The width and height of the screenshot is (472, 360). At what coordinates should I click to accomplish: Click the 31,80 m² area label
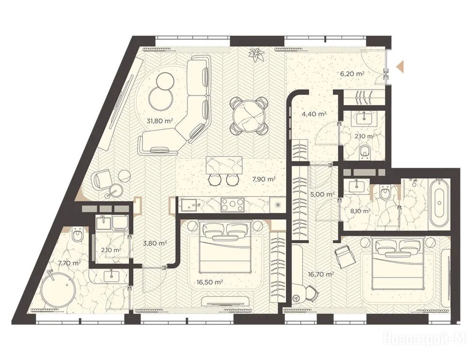click(x=159, y=121)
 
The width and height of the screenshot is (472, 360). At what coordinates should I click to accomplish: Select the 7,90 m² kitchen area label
click(x=264, y=180)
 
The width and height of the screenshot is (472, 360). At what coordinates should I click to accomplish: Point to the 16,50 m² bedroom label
click(x=210, y=282)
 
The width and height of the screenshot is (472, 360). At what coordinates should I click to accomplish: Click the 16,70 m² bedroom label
click(x=321, y=274)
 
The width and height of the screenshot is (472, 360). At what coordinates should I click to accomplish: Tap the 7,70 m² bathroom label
click(x=69, y=263)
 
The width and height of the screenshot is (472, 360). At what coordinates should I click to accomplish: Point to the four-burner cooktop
click(x=232, y=205)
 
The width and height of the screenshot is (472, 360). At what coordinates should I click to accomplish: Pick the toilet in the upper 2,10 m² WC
click(x=365, y=151)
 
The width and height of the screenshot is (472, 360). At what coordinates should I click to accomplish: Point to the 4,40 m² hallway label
click(x=315, y=114)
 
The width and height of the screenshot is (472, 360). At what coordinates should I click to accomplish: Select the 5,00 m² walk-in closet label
click(x=322, y=195)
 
